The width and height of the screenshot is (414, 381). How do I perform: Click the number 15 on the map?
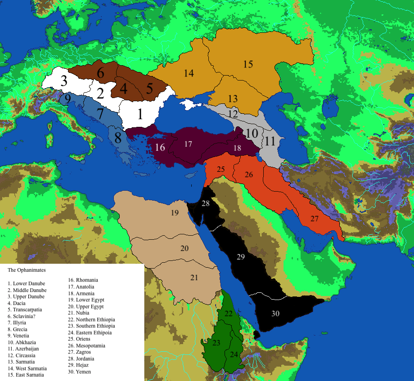click(x=248, y=64)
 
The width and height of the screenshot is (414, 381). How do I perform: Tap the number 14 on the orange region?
click(x=189, y=73)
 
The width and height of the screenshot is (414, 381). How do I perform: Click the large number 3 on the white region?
click(x=64, y=81)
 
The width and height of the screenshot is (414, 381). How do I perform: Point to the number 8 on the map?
click(x=117, y=138)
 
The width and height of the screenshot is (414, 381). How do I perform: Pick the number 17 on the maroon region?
click(x=188, y=144)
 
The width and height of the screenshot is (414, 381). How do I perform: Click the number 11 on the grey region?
click(x=270, y=141)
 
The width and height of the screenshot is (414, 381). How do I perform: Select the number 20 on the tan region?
click(x=184, y=248)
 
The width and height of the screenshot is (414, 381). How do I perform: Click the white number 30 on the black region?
click(x=275, y=313)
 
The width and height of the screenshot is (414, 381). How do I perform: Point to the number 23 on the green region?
click(x=216, y=343)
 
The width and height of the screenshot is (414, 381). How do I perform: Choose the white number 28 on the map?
click(x=206, y=204)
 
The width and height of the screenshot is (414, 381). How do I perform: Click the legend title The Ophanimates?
click(x=27, y=270)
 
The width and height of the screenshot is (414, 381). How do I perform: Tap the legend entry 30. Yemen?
click(x=79, y=372)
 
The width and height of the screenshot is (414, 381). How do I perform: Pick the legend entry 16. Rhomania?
click(x=83, y=280)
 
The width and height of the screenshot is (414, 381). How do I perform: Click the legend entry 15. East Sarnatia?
click(x=26, y=375)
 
